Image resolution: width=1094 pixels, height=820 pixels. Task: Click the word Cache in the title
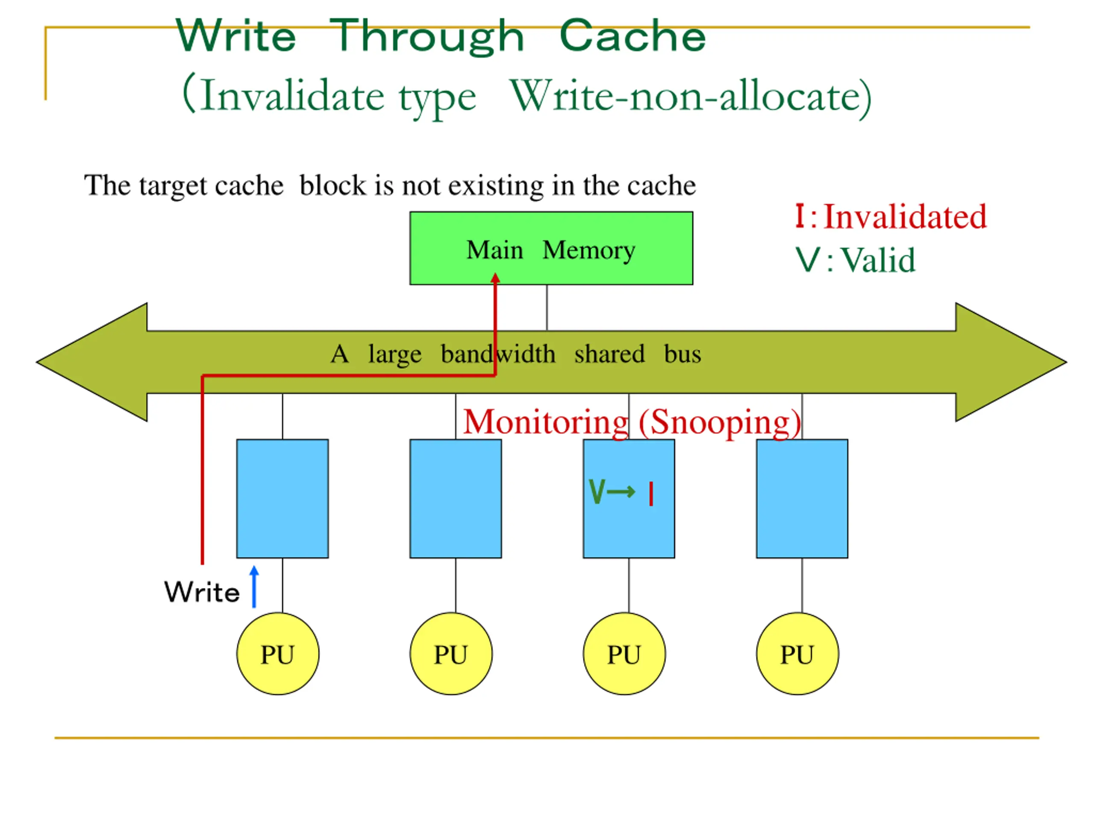pyautogui.click(x=632, y=35)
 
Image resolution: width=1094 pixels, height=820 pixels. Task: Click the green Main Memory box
pyautogui.click(x=551, y=248)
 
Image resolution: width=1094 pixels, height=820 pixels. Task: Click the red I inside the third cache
pyautogui.click(x=651, y=494)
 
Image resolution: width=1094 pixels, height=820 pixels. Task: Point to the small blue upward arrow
pyautogui.click(x=254, y=587)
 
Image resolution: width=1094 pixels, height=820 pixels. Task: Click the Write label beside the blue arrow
pyautogui.click(x=202, y=592)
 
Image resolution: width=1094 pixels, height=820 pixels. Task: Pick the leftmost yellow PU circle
pyautogui.click(x=278, y=654)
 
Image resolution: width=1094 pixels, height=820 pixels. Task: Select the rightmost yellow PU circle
pyautogui.click(x=797, y=654)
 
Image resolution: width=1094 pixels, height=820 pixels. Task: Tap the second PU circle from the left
pyautogui.click(x=451, y=654)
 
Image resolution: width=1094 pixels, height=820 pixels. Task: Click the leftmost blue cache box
pyautogui.click(x=282, y=499)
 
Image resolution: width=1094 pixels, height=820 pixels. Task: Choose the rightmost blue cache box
pyautogui.click(x=802, y=499)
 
